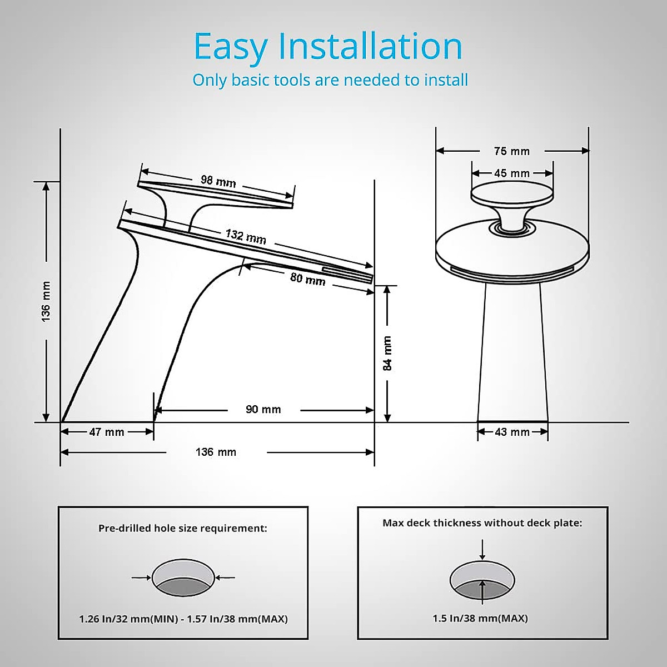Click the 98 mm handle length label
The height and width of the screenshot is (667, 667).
pyautogui.click(x=218, y=181)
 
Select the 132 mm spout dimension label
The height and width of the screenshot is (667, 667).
pyautogui.click(x=246, y=237)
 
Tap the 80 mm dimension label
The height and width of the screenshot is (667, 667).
pyautogui.click(x=307, y=278)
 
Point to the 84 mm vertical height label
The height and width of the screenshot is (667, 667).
pyautogui.click(x=387, y=354)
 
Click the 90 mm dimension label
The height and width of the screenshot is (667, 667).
pyautogui.click(x=263, y=410)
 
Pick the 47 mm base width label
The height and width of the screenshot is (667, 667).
pyautogui.click(x=107, y=432)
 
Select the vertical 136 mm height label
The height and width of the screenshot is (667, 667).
pyautogui.click(x=46, y=301)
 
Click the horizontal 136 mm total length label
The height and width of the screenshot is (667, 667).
pyautogui.click(x=216, y=452)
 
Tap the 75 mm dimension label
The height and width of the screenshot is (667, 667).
pyautogui.click(x=511, y=151)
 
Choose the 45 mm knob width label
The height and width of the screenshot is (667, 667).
pyautogui.click(x=511, y=173)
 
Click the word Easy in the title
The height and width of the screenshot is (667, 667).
pyautogui.click(x=230, y=47)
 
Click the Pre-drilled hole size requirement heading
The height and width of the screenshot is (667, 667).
pyautogui.click(x=183, y=528)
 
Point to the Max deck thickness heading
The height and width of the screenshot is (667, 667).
pyautogui.click(x=482, y=523)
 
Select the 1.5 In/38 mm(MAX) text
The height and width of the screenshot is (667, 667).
pyautogui.click(x=480, y=618)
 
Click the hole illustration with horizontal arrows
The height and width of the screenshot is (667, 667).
pyautogui.click(x=183, y=579)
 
